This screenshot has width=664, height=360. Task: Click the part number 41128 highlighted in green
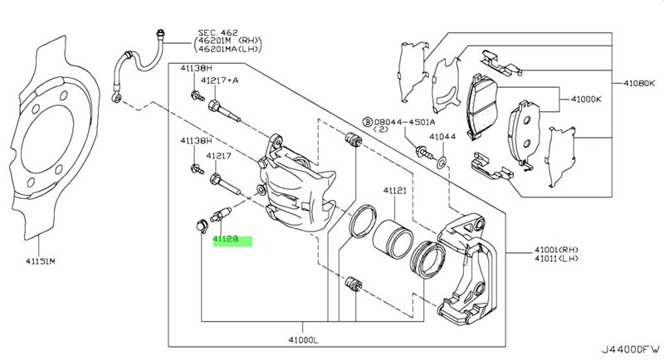(226, 240)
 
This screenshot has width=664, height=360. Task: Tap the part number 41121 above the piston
(393, 191)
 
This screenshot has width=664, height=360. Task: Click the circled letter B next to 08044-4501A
(365, 120)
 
